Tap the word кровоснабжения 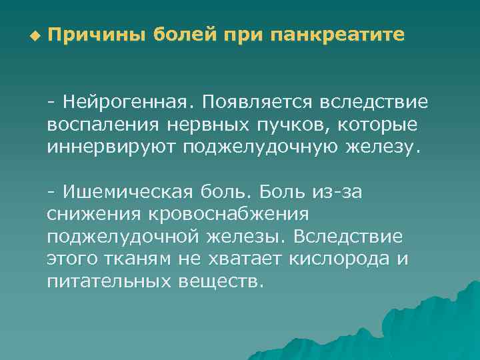tap(225, 215)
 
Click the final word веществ tap(221, 281)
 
